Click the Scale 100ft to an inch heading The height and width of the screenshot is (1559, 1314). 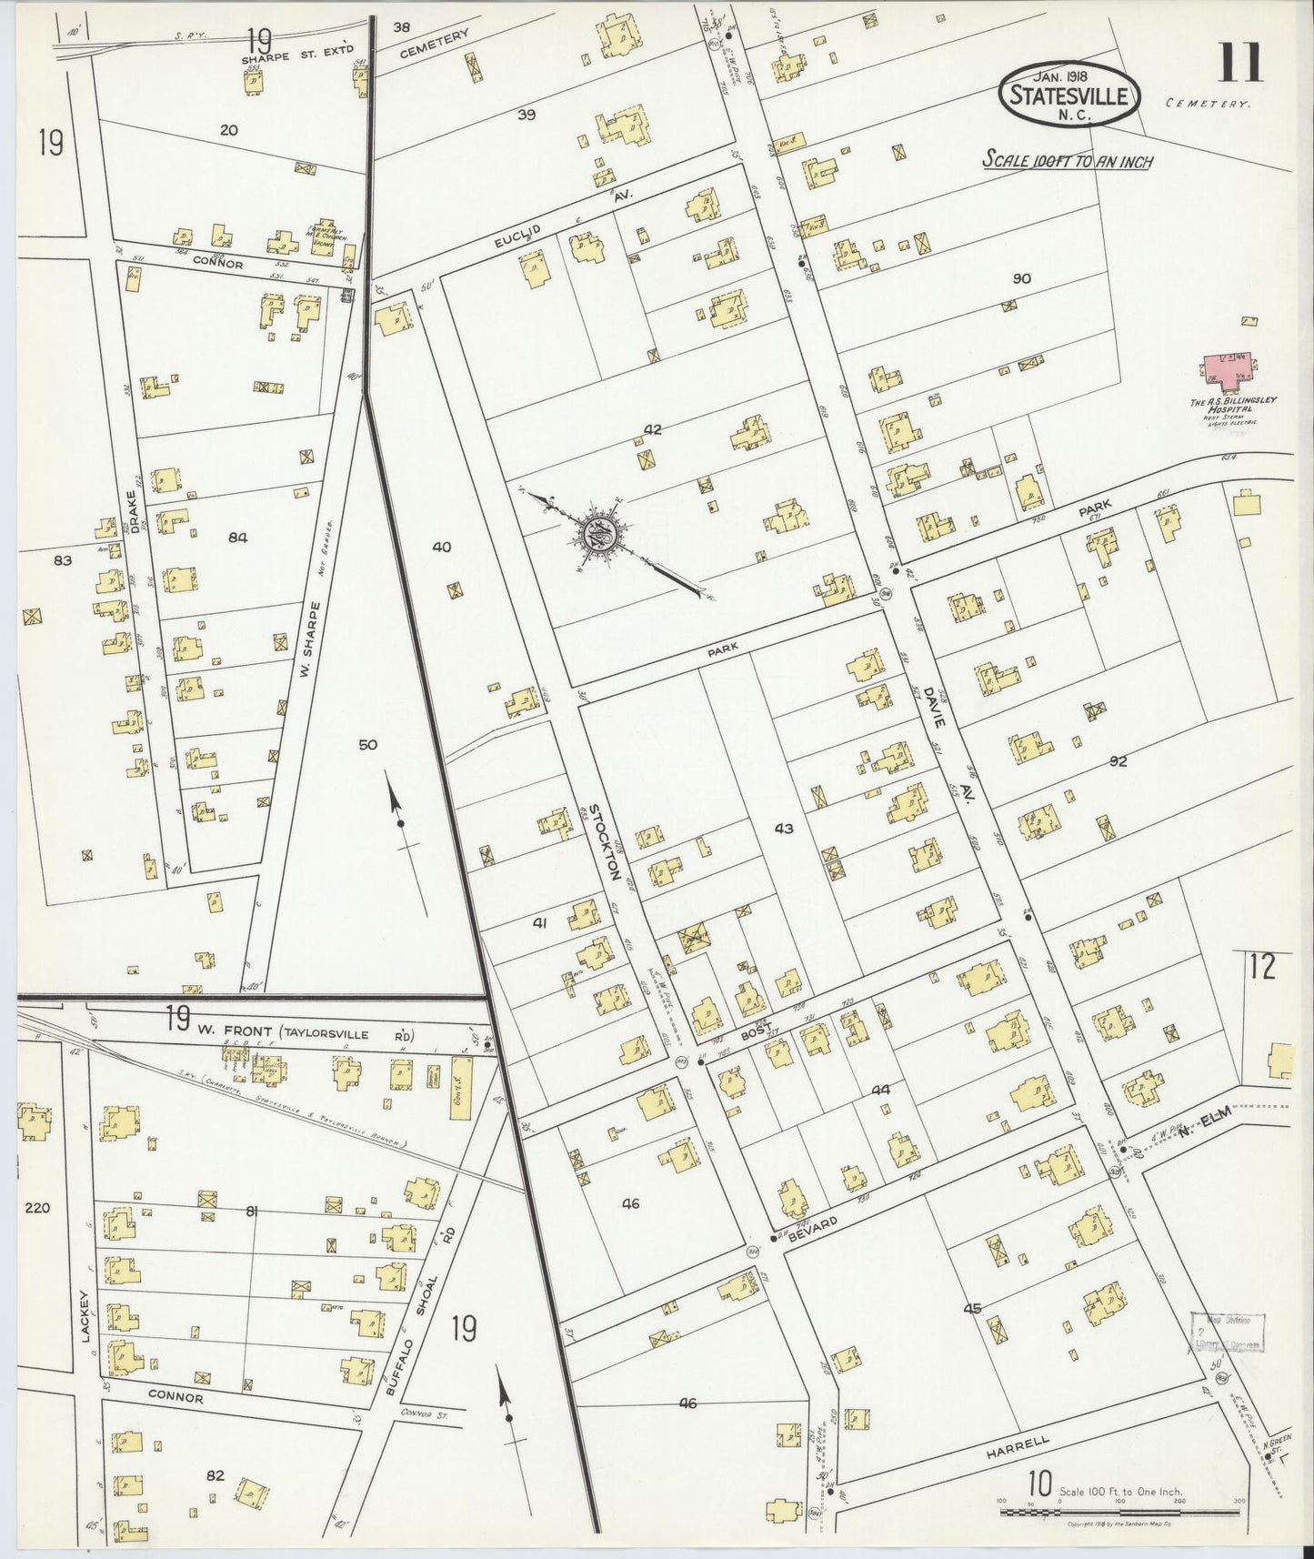click(1067, 161)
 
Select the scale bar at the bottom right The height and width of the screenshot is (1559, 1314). click(1118, 1512)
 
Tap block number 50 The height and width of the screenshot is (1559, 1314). click(367, 745)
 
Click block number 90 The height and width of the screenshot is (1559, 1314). click(1021, 278)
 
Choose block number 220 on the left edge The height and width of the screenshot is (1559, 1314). click(38, 1208)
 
